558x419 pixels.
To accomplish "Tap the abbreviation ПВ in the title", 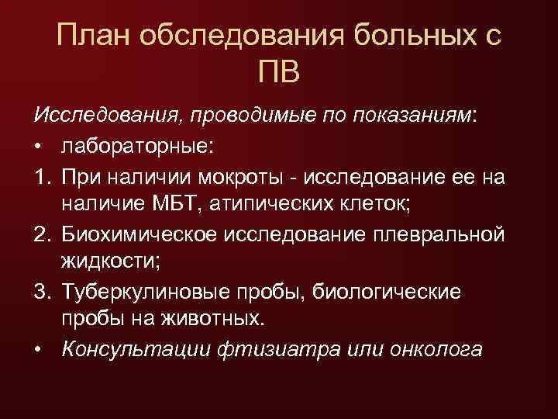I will coord(279,74).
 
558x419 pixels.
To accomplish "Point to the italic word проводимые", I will coord(265,116).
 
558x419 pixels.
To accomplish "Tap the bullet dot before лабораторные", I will coord(39,146).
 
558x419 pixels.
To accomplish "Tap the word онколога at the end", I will coord(433,350).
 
